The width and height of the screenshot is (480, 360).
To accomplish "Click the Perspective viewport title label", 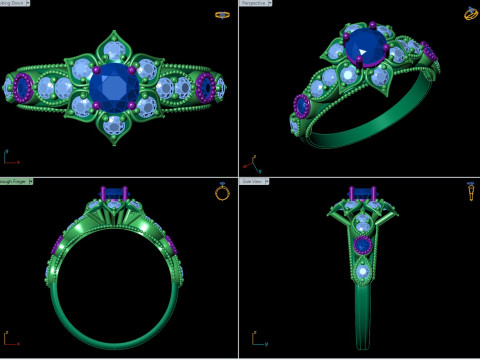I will pyautogui.click(x=254, y=4).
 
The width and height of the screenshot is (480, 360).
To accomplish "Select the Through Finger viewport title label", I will pyautogui.click(x=14, y=182).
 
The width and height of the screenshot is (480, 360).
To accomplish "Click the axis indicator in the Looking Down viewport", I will pyautogui.click(x=10, y=157).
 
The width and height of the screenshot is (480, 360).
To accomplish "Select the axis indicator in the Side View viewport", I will pyautogui.click(x=250, y=338).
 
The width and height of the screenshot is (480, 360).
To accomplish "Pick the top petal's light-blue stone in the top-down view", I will pyautogui.click(x=116, y=48).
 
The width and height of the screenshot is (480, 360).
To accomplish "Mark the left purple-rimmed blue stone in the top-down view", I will pyautogui.click(x=22, y=89).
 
